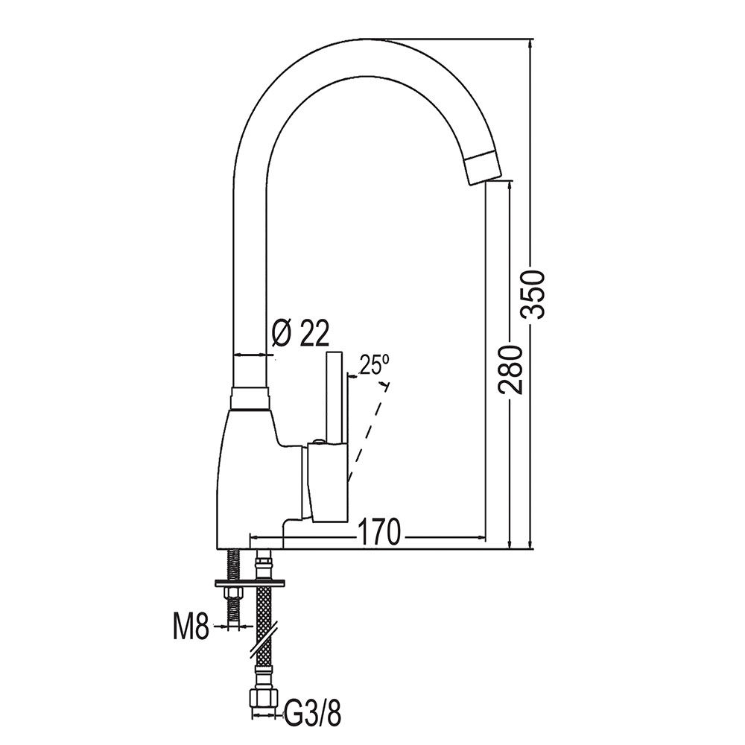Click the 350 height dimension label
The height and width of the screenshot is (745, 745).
coord(534,293)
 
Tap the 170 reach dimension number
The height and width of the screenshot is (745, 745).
coord(380,532)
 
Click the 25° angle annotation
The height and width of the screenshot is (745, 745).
coord(374,365)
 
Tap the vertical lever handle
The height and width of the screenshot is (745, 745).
coord(335,395)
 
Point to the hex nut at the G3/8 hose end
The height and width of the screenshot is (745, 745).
coord(262,700)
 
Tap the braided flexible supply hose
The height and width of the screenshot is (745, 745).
coord(263,611)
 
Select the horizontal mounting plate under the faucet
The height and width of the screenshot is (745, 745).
coord(251,583)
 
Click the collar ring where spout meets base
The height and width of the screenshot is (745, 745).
coord(249,398)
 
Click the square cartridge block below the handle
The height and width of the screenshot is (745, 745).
coord(328,481)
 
